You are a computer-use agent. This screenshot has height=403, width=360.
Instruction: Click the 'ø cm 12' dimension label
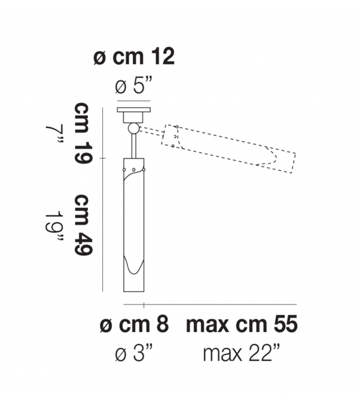[134, 56]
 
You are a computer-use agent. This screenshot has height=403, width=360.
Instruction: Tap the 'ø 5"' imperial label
[134, 86]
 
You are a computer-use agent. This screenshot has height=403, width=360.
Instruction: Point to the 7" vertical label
[55, 135]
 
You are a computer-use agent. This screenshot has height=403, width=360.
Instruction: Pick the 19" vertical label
[55, 226]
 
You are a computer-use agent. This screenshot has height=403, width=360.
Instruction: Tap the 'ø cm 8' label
[134, 325]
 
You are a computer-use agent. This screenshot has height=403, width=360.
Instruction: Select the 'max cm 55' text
[241, 325]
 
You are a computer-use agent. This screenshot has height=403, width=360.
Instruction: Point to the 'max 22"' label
[241, 354]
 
